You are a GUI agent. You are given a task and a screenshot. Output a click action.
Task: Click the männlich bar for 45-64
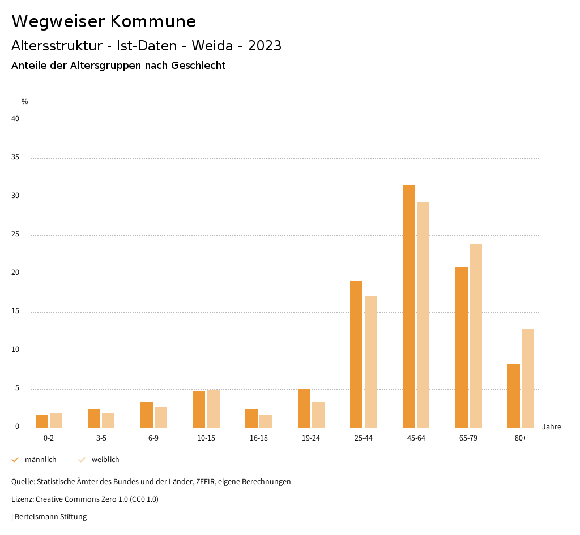[409, 306]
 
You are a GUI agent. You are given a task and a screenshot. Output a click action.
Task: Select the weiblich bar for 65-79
[476, 335]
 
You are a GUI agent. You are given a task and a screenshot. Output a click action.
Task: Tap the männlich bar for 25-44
[356, 354]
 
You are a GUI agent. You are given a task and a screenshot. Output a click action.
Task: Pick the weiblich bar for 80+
[528, 378]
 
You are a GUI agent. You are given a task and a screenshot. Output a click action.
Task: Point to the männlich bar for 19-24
[304, 408]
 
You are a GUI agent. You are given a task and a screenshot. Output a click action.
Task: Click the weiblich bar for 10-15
[214, 409]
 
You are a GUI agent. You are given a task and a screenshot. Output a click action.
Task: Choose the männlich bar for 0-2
[42, 421]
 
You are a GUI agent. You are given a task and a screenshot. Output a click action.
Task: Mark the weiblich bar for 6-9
[161, 417]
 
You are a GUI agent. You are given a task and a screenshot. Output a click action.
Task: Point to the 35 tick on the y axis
[15, 158]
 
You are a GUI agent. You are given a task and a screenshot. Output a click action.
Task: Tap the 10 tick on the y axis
[15, 350]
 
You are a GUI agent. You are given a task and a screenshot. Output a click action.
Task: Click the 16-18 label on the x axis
[259, 438]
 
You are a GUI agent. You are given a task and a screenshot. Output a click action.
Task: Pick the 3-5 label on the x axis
[101, 438]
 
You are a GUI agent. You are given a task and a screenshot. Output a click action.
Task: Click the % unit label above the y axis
[25, 102]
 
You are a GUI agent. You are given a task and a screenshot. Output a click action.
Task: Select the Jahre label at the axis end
[552, 427]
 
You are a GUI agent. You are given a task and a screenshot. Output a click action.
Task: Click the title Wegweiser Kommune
[104, 21]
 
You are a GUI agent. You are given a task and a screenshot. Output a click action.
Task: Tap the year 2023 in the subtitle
[265, 46]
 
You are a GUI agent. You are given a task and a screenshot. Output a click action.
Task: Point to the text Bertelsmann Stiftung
[50, 517]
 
